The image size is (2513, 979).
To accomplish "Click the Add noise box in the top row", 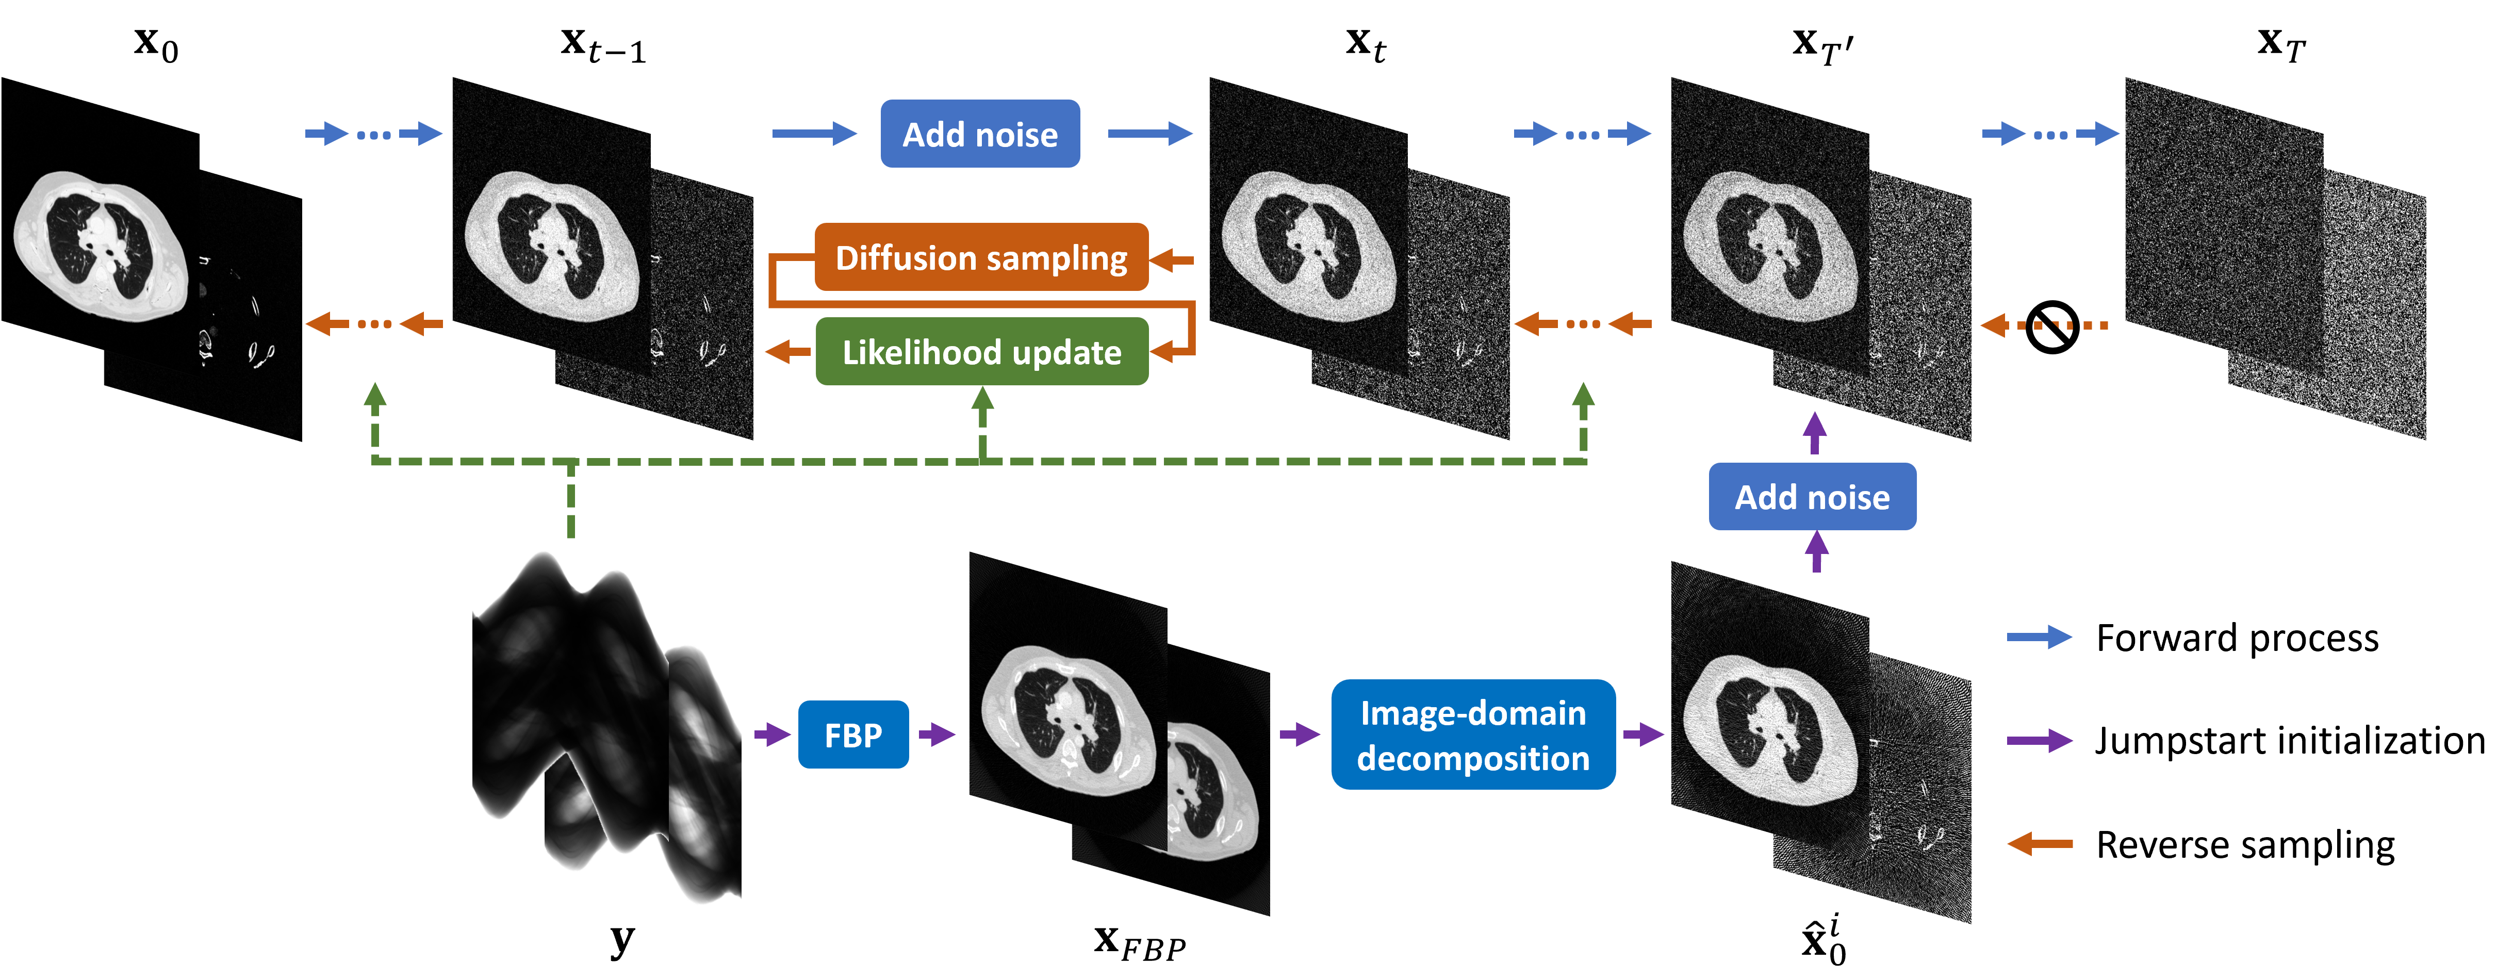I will [979, 134].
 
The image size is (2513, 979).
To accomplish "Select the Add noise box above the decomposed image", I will [1812, 497].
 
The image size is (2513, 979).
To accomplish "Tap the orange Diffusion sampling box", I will [980, 258].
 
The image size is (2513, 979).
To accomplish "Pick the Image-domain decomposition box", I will [1472, 735].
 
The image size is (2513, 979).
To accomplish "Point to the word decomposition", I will [1472, 758].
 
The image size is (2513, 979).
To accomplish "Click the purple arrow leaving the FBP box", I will [937, 734].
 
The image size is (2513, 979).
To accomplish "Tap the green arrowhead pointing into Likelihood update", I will [982, 400].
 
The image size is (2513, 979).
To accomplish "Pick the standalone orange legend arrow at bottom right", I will [2039, 843].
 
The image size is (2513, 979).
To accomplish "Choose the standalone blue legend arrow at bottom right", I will [2039, 638].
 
